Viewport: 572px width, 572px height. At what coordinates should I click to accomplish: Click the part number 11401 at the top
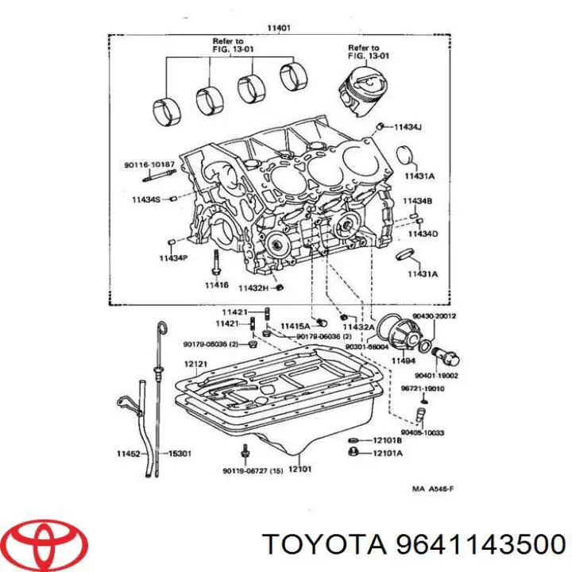(279, 28)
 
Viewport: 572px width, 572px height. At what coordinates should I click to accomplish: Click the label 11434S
(146, 199)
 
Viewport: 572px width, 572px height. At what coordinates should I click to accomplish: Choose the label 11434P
(172, 258)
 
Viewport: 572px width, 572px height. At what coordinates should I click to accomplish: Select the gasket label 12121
(195, 364)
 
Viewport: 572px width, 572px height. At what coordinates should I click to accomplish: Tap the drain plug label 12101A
(388, 454)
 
